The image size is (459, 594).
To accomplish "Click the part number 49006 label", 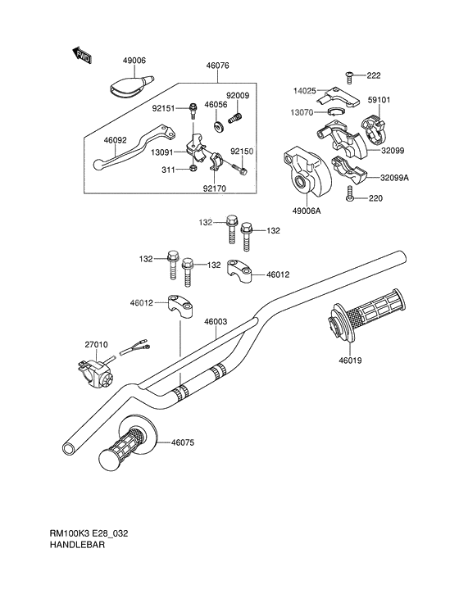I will (134, 61).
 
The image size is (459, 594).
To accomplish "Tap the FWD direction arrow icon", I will (83, 56).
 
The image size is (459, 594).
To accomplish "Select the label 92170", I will (215, 188).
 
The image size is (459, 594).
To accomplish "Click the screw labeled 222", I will (349, 75).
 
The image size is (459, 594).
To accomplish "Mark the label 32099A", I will (395, 177).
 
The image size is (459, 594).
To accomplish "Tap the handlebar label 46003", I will (216, 322).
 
